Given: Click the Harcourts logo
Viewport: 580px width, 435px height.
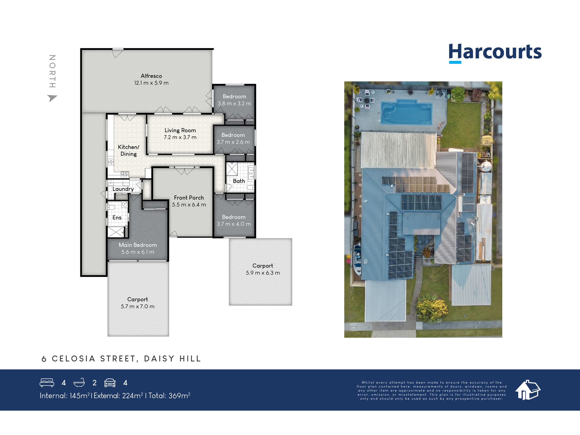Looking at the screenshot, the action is click(x=495, y=53).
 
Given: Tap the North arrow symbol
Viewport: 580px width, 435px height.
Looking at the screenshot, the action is click(x=52, y=98).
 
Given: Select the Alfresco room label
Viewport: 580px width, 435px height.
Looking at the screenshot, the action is click(x=151, y=76).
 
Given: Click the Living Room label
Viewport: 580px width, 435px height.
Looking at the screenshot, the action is click(x=180, y=130).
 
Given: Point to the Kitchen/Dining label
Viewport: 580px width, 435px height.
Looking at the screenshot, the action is click(x=128, y=151).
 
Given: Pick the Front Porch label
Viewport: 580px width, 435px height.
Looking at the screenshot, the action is click(x=189, y=198).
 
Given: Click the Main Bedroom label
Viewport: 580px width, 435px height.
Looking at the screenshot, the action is click(x=138, y=245).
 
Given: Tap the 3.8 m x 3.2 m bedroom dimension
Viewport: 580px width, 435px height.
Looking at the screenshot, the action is click(x=234, y=104).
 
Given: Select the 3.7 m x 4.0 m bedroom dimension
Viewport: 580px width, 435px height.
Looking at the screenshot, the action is click(x=234, y=224).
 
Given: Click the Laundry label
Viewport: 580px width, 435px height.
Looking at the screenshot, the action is click(x=123, y=189).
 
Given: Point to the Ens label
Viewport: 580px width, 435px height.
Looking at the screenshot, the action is click(x=117, y=217).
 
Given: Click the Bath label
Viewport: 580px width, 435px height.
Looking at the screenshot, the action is click(x=239, y=181).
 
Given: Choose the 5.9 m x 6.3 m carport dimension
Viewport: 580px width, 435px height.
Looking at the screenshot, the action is click(x=263, y=273).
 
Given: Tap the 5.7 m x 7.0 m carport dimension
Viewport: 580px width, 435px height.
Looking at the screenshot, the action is click(x=137, y=307).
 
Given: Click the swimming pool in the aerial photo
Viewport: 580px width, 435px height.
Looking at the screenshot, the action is click(x=406, y=113).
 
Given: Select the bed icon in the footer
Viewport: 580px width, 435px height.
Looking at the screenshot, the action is click(x=47, y=383).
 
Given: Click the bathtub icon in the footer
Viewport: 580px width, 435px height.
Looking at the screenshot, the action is click(x=79, y=383).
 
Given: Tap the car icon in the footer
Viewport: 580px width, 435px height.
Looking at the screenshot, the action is click(x=110, y=383).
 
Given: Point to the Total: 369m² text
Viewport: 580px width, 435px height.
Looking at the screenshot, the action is click(x=169, y=396).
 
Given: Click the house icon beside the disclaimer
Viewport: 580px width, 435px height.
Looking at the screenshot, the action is click(x=528, y=390).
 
